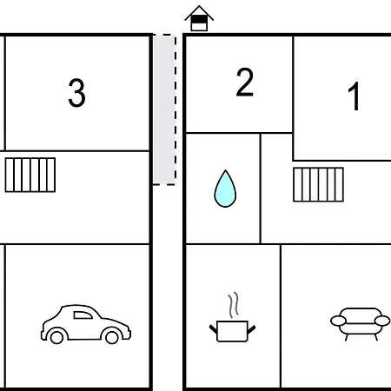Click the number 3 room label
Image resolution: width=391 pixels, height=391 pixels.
tap(76, 93)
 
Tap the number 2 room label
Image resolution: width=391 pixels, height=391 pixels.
tap(245, 82)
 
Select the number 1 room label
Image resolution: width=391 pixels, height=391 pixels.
tap(354, 96)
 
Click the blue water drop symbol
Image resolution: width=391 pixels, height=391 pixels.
tap(225, 189)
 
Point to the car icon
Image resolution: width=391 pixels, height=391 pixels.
tap(86, 324)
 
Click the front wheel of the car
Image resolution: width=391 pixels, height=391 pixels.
tap(112, 337)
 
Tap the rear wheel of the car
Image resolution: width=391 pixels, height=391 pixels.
tap(56, 337)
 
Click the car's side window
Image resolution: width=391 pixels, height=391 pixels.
tap(83, 315)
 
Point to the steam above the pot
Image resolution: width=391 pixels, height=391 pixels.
tap(234, 305)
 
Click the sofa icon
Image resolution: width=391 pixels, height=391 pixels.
tap(361, 324)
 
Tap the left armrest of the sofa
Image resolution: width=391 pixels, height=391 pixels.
tap(338, 321)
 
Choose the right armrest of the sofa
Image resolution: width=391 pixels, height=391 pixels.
tap(382, 321)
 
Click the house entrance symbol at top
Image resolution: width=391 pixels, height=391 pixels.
tap(199, 18)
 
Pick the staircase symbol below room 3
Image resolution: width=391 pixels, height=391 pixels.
tap(30, 175)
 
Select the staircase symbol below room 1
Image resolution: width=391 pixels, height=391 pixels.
tap(318, 184)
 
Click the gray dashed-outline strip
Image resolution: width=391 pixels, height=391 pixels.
tap(164, 109)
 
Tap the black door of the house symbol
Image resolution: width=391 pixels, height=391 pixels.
tap(199, 20)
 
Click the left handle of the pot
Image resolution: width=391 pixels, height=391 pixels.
tap(213, 329)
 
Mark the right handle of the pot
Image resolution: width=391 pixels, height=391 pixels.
tap(251, 329)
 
